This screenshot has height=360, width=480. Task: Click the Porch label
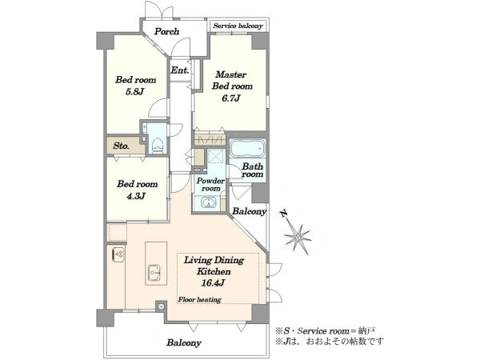pyautogui.click(x=166, y=31)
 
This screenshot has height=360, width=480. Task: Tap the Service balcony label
pyautogui.click(x=238, y=26)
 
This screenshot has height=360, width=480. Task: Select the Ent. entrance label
pyautogui.click(x=180, y=70)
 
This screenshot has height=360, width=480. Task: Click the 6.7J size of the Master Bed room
pyautogui.click(x=231, y=98)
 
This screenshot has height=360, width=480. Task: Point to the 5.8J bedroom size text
pyautogui.click(x=134, y=91)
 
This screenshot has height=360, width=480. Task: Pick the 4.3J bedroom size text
pyautogui.click(x=136, y=196)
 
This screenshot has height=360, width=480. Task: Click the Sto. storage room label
pyautogui.click(x=121, y=146)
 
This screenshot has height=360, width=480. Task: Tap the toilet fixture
pyautogui.click(x=158, y=145)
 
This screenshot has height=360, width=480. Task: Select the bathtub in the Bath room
pyautogui.click(x=247, y=148)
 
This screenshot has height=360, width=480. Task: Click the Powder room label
pyautogui.click(x=210, y=185)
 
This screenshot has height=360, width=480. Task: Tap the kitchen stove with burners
pyautogui.click(x=118, y=254)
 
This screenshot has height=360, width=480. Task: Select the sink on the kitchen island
pyautogui.click(x=154, y=272)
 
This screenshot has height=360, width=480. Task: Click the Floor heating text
pyautogui.click(x=199, y=299)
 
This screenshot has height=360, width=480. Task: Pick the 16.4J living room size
pyautogui.click(x=213, y=283)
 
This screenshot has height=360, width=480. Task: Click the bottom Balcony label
pyautogui.click(x=184, y=342)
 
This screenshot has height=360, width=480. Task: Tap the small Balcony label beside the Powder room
pyautogui.click(x=249, y=211)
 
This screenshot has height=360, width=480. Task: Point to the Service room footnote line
pyautogui.click(x=325, y=331)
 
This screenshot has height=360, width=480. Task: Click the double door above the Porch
pyautogui.click(x=159, y=10)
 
